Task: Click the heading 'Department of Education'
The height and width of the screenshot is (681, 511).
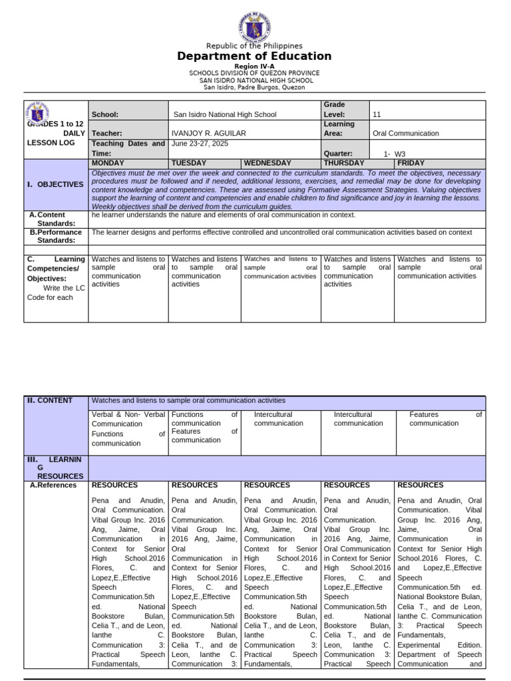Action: pyautogui.click(x=254, y=57)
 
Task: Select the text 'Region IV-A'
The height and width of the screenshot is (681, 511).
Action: pyautogui.click(x=254, y=67)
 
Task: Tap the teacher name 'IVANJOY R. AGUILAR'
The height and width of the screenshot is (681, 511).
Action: pyautogui.click(x=208, y=133)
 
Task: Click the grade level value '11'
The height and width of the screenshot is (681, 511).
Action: pyautogui.click(x=377, y=114)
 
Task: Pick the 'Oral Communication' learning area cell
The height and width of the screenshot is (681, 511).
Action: pyautogui.click(x=406, y=133)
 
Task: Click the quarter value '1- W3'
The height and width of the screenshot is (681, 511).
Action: pyautogui.click(x=395, y=154)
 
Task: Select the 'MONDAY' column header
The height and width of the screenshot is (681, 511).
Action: pyautogui.click(x=110, y=163)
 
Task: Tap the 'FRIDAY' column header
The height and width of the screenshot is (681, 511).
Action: pyautogui.click(x=411, y=163)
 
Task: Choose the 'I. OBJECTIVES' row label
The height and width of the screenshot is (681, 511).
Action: pyautogui.click(x=55, y=184)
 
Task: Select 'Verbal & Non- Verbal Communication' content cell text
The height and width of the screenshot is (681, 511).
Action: pyautogui.click(x=128, y=419)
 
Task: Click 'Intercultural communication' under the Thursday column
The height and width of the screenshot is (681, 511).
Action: pyautogui.click(x=358, y=419)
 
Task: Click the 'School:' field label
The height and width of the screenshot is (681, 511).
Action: pyautogui.click(x=104, y=114)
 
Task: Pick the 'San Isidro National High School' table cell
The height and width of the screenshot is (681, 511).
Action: pyautogui.click(x=224, y=114)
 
